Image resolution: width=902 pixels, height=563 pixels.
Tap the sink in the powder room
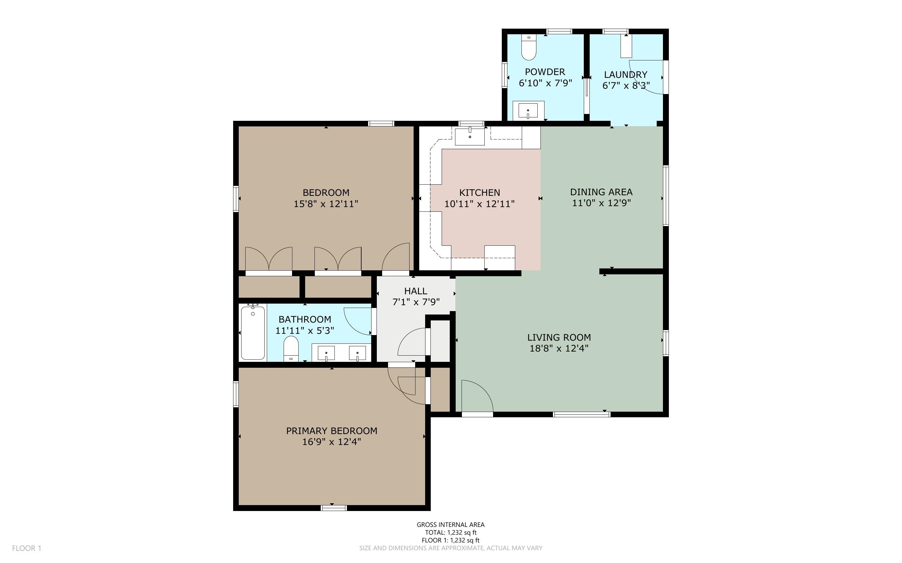coord(528,111)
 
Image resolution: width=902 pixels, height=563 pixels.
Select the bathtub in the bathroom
coord(253,333)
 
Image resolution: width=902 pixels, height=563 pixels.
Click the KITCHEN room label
coord(479,192)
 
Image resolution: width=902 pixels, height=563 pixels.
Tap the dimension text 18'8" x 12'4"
coord(559,348)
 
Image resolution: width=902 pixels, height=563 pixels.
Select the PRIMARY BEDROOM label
coord(332,431)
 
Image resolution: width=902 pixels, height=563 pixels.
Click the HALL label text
coord(416,291)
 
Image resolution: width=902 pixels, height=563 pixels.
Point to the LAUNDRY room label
coord(626,74)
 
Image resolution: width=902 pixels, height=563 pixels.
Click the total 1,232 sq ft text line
coord(451,532)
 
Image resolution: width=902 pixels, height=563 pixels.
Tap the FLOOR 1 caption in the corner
coord(26,548)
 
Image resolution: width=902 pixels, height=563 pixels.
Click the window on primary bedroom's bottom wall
coord(334,508)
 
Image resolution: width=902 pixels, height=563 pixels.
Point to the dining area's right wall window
coord(666,196)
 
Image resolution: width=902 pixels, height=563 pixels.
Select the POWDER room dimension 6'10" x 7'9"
coord(545,83)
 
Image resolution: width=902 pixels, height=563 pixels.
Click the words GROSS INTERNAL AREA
coord(451,525)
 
